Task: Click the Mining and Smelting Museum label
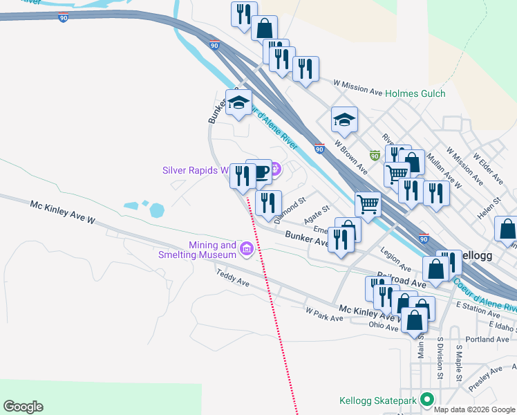pos(213,250)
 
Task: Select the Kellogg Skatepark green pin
pos(426,400)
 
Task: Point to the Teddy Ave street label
pos(233,277)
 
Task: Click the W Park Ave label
pos(325,314)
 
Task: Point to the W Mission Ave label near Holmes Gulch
pos(350,86)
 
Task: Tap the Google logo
pos(23,407)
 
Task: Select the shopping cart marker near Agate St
pos(368,204)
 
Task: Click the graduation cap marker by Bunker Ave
pos(238,102)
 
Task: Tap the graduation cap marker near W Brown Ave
pos(344,120)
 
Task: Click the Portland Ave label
pos(487,340)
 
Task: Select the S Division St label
pos(440,360)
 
